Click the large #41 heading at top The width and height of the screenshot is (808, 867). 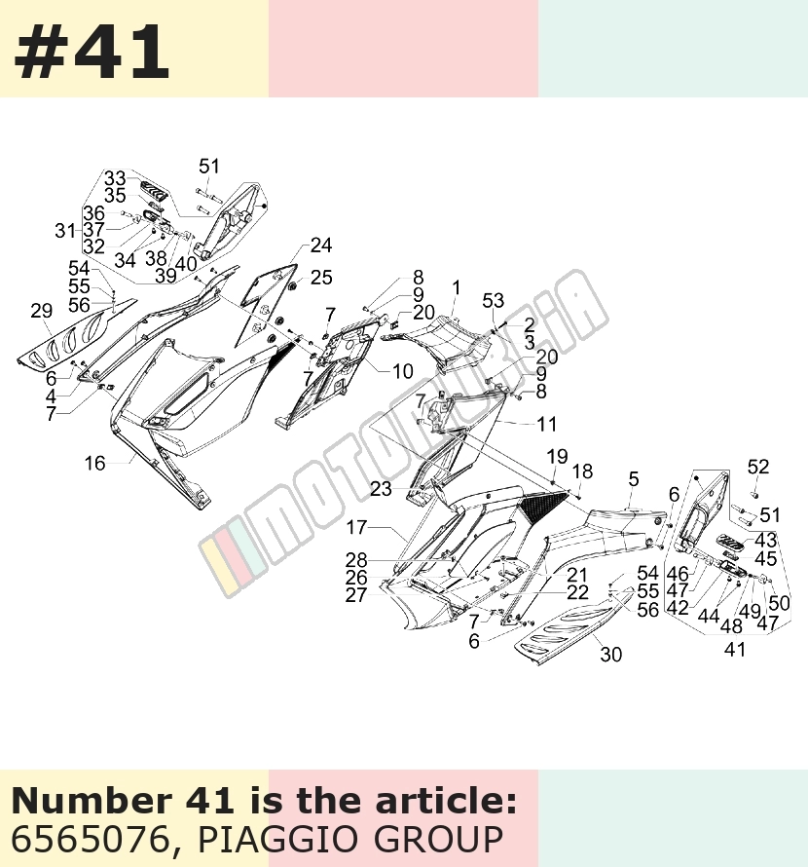tap(92, 52)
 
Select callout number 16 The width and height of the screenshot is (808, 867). tap(94, 464)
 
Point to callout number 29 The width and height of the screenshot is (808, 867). tap(42, 312)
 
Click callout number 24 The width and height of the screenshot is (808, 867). tap(321, 245)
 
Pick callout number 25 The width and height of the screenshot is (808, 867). tap(321, 278)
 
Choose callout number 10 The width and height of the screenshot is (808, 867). tap(402, 371)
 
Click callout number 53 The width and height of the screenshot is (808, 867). tap(493, 301)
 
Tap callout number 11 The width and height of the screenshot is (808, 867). tap(546, 424)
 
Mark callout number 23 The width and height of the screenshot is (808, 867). tap(381, 489)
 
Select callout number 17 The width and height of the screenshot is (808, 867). tap(356, 527)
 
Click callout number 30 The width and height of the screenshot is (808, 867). tap(610, 655)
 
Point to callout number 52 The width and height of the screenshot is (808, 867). tap(757, 468)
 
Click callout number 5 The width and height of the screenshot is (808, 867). tap(634, 479)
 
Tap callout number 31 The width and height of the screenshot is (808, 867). tap(65, 231)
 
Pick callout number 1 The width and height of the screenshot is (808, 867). tap(456, 288)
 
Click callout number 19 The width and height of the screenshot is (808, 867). tap(557, 457)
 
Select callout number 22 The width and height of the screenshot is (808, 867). tap(578, 592)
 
